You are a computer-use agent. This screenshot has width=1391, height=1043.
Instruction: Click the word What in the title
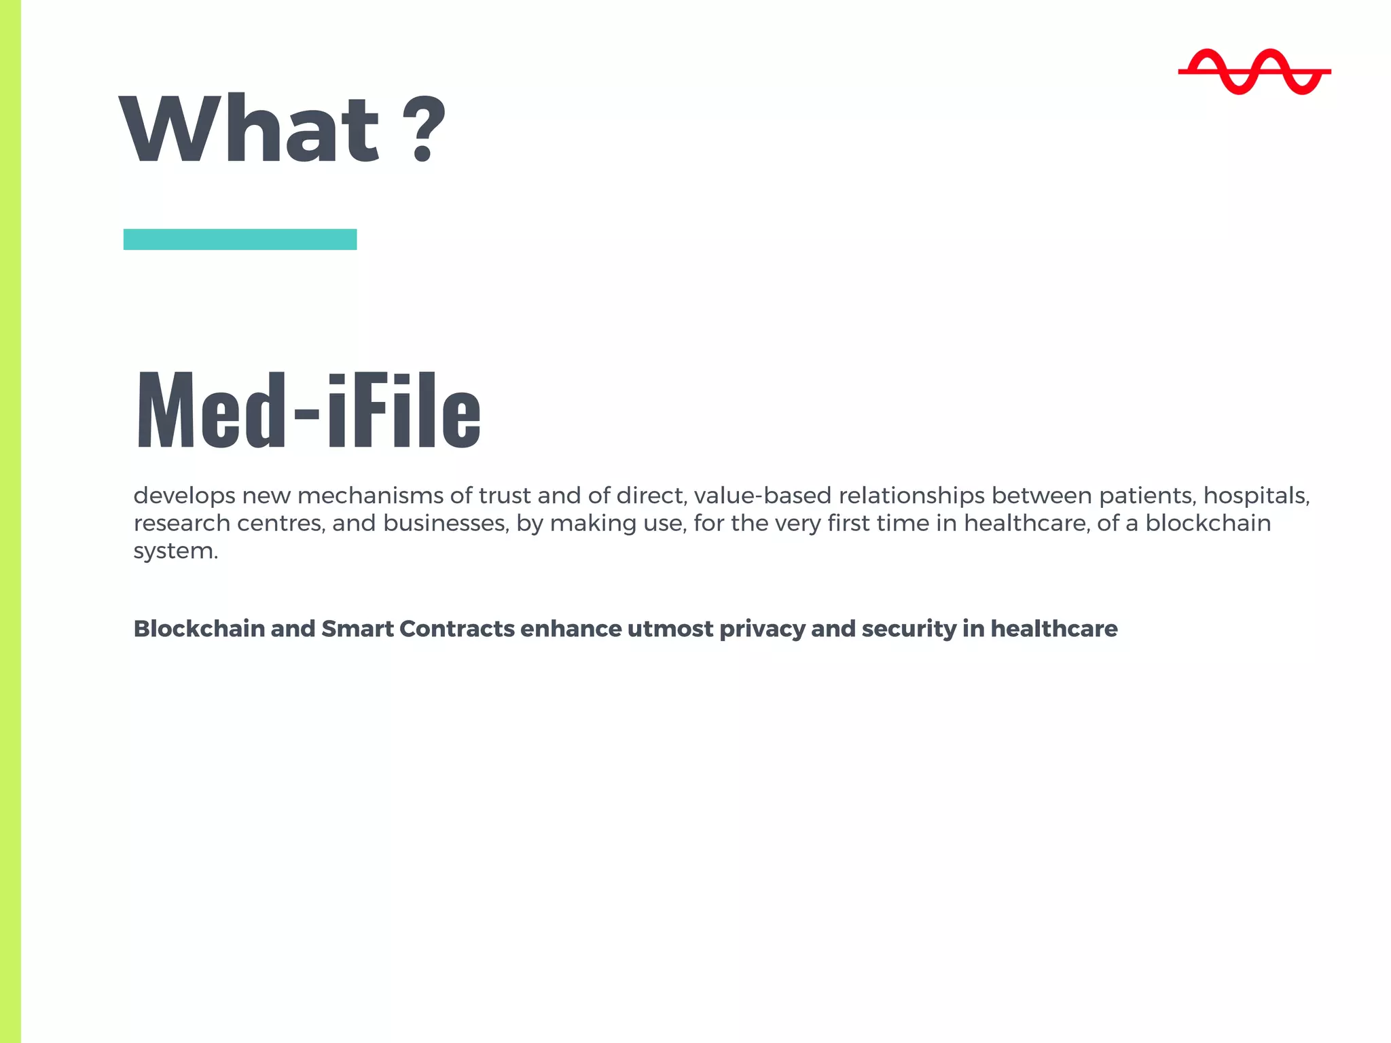click(x=249, y=129)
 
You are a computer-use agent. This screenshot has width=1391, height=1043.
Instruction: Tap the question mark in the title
click(x=424, y=129)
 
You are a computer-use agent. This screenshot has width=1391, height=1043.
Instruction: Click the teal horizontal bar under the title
click(x=240, y=239)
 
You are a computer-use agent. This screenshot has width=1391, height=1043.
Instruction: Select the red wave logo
click(x=1254, y=71)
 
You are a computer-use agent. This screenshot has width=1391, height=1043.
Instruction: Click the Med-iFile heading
click(x=308, y=410)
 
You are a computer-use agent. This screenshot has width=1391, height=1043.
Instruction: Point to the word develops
click(x=184, y=496)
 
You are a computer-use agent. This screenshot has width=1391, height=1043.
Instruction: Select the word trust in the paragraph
click(x=504, y=496)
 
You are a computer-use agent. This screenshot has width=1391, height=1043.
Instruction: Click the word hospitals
click(x=1256, y=496)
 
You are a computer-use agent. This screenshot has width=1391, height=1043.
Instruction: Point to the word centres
click(x=280, y=524)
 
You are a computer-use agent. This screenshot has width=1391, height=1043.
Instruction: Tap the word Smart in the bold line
click(x=357, y=629)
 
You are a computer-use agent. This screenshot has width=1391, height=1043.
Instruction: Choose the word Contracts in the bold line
click(x=457, y=629)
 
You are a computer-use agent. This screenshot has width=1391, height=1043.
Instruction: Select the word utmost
click(x=670, y=629)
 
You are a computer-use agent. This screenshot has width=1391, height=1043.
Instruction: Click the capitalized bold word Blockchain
click(x=199, y=629)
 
